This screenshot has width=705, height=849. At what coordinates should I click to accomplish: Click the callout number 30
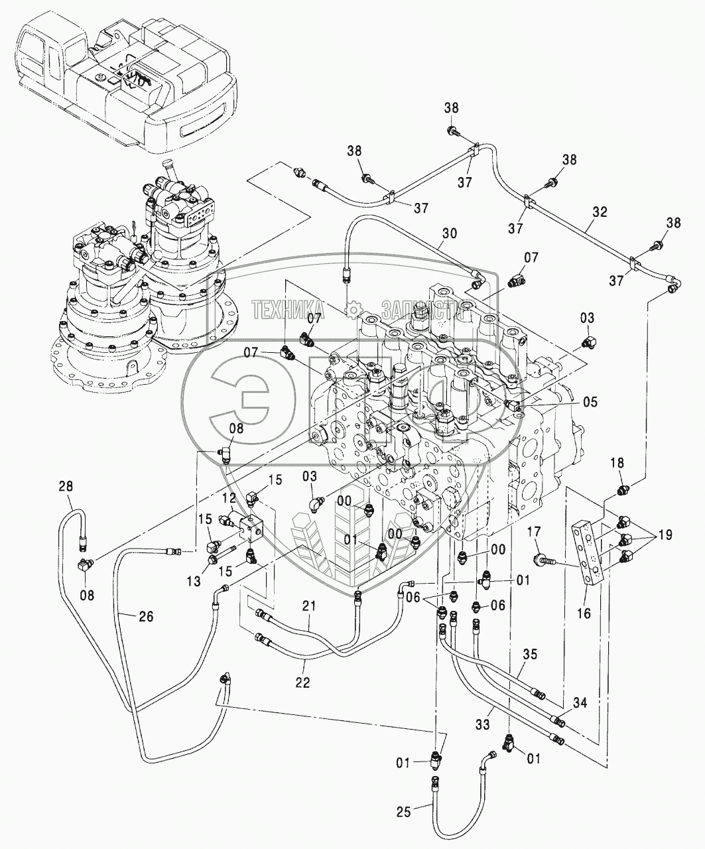coord(448,233)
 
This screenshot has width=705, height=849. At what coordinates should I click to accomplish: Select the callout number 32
coord(600,212)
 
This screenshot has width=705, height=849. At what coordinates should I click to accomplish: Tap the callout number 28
coord(66,487)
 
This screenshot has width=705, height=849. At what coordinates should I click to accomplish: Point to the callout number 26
coord(145,617)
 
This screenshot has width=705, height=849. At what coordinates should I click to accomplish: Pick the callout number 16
coord(584,613)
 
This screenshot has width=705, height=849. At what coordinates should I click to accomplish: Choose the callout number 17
coord(535,531)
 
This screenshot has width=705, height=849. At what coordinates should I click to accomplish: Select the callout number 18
coord(617,463)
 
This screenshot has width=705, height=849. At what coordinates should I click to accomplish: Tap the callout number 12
coord(229,497)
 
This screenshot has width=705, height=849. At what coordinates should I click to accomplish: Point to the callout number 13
coord(194,582)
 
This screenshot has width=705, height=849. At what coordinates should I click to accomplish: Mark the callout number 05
coord(590,402)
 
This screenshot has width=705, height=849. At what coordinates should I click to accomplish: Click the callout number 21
coord(309,618)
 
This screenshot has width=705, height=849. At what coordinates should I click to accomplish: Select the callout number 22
coord(303,683)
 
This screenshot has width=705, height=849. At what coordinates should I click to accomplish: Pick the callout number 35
coord(530,654)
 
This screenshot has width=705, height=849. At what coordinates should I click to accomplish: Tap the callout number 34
coord(580,702)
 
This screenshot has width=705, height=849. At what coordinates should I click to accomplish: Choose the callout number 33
coord(482,724)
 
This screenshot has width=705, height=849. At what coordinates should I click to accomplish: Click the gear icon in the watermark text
coord(353,310)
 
